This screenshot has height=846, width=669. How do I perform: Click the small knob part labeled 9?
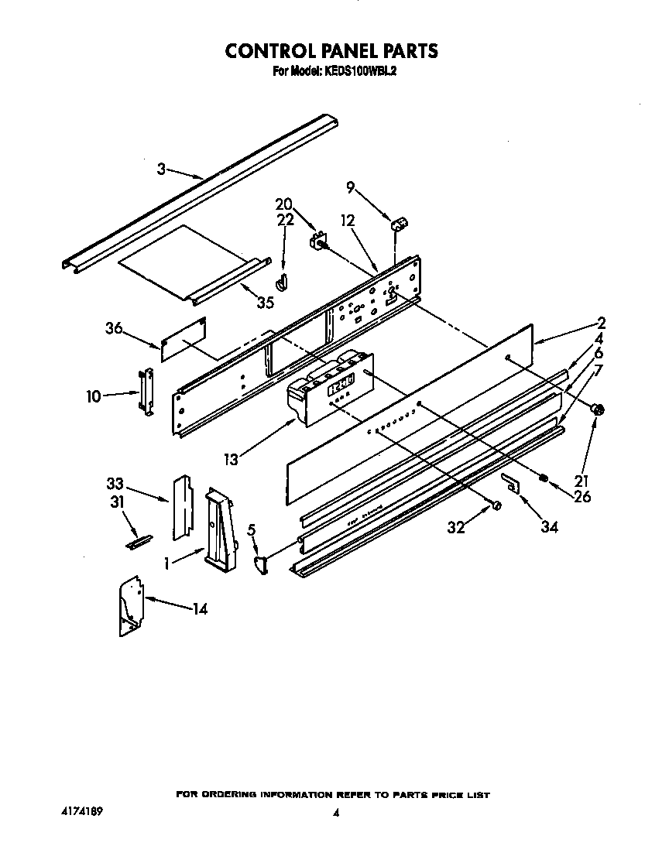(401, 225)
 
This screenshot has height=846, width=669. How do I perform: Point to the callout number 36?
(115, 328)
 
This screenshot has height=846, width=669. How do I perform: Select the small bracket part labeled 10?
(146, 392)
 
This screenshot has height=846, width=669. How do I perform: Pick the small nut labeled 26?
(544, 480)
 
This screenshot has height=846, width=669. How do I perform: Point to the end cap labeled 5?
(262, 565)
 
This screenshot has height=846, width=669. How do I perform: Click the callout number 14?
(199, 609)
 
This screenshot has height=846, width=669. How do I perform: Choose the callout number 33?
(115, 485)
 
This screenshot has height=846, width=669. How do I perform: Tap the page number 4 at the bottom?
(335, 813)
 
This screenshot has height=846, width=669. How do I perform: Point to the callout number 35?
(265, 303)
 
